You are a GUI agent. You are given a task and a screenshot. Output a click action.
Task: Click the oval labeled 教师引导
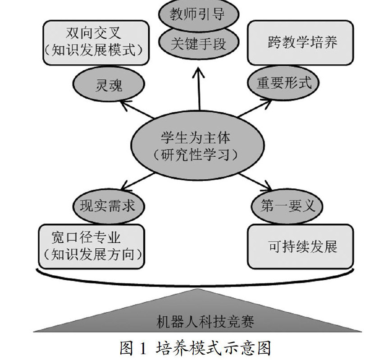[x=199, y=14]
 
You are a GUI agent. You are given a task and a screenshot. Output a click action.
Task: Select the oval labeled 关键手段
[x=199, y=43]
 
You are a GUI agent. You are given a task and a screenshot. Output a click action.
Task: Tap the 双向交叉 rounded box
[x=96, y=43]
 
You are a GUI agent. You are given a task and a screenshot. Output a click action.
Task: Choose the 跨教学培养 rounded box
[x=300, y=43]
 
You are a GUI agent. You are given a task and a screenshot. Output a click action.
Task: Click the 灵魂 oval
[x=109, y=84]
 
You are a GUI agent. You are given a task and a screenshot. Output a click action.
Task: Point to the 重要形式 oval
[x=283, y=83]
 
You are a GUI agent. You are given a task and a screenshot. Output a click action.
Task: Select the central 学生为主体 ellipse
[x=197, y=146]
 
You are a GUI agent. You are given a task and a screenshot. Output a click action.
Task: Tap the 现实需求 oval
[x=109, y=206]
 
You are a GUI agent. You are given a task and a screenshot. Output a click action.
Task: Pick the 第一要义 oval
[x=287, y=206]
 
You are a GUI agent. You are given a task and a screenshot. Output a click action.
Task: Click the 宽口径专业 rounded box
[x=91, y=246]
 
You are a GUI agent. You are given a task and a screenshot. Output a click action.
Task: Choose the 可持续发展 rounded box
[x=300, y=246]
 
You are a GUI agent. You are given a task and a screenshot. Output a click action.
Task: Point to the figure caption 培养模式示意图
[x=213, y=348]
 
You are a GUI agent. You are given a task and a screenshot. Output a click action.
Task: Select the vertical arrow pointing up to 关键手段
[x=199, y=89]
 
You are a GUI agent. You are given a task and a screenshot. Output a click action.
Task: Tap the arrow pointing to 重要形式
[x=255, y=108]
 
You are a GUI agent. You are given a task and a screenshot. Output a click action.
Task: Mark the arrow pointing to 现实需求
[x=137, y=182]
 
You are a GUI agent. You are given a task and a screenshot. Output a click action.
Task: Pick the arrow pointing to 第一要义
[x=255, y=182]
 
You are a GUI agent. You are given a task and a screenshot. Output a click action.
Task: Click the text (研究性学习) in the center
[x=196, y=155]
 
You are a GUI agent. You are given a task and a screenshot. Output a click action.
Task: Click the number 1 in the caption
[x=143, y=348]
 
